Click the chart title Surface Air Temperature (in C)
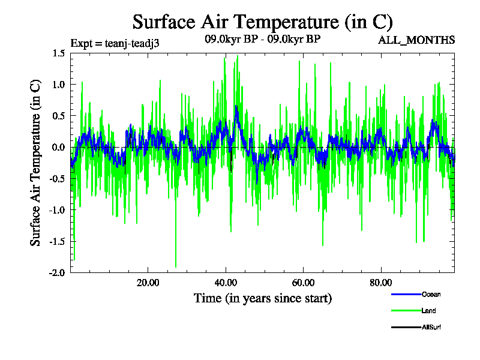tap(262, 22)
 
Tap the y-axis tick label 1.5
tap(58, 53)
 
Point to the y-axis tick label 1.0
tap(58, 85)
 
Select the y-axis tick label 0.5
tap(58, 116)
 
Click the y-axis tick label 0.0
tap(58, 147)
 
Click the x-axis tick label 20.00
tap(148, 283)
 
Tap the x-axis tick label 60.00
tap(303, 283)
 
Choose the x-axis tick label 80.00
tap(380, 283)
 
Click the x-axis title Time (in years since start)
tap(262, 298)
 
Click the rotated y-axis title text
tap(35, 163)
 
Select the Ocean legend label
tap(431, 294)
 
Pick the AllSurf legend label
tap(433, 327)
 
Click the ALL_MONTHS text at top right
tap(416, 40)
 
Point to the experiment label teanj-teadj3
tap(115, 43)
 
